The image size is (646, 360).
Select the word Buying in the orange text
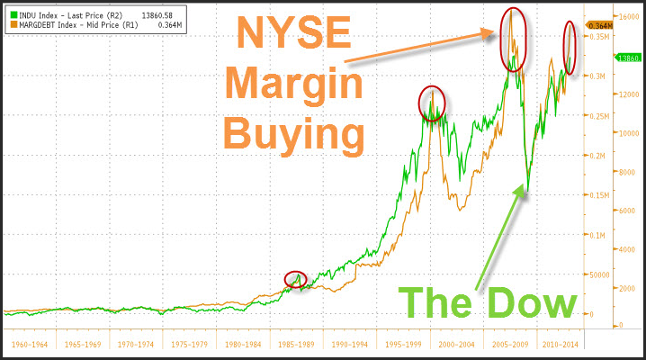(x=293, y=135)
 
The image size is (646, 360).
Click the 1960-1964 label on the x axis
(x=29, y=344)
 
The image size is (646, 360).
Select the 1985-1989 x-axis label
(x=295, y=344)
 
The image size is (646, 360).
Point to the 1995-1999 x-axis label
(x=401, y=344)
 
